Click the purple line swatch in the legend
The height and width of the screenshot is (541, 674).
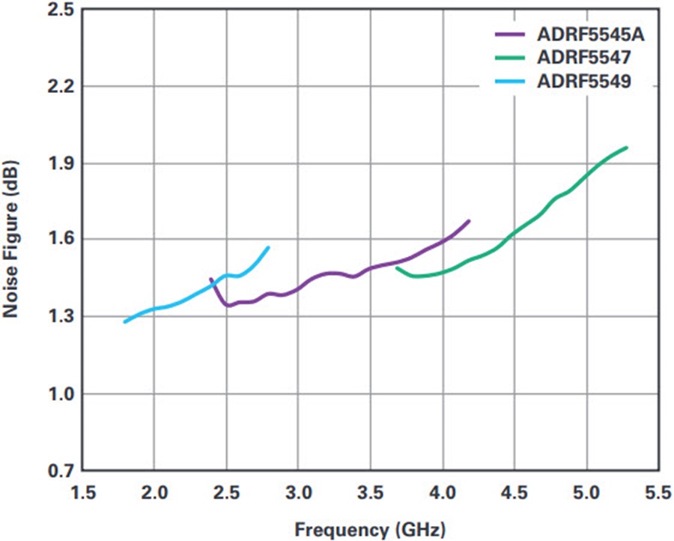click(511, 34)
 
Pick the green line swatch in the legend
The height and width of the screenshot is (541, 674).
click(511, 58)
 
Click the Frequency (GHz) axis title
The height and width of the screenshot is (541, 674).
click(370, 528)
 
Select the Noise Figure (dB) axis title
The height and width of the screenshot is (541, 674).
click(12, 241)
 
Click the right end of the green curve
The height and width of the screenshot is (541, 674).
click(626, 148)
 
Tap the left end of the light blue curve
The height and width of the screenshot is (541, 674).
click(125, 321)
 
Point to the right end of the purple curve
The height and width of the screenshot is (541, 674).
click(469, 221)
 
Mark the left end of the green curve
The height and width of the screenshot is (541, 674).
click(397, 268)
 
